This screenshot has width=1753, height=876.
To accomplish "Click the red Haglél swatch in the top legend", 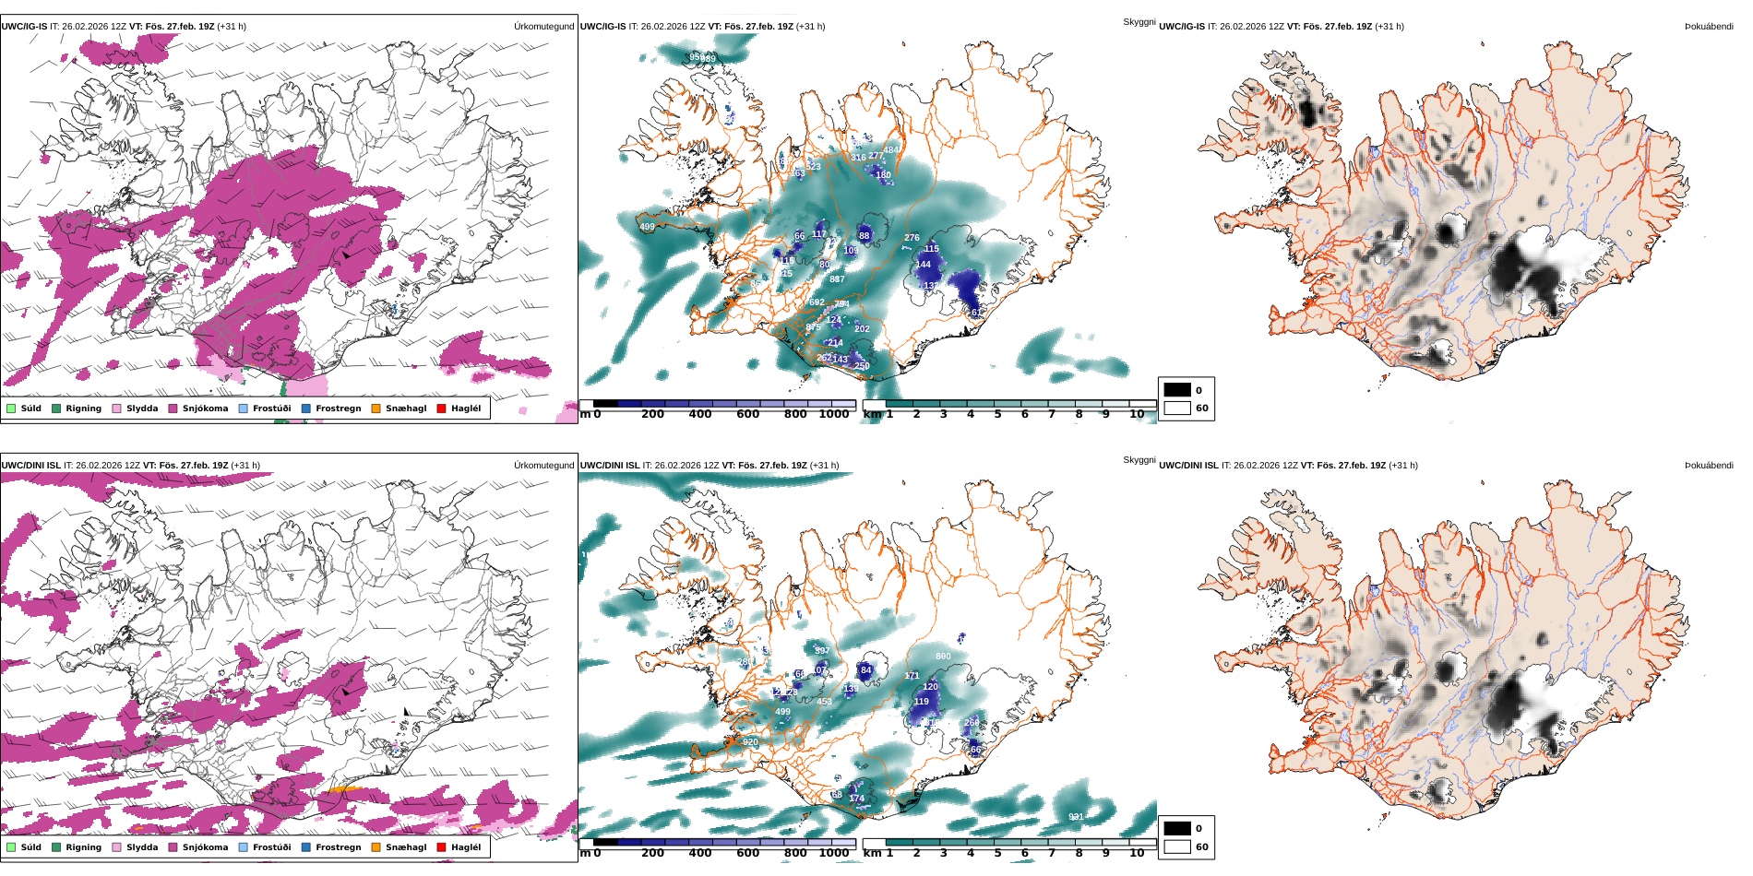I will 441,408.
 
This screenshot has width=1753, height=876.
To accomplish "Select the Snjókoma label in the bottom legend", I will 205,847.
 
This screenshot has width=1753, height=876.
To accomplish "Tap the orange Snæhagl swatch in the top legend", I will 376,408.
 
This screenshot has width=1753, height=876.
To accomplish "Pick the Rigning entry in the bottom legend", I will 83,847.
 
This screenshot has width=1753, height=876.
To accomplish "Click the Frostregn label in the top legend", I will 338,408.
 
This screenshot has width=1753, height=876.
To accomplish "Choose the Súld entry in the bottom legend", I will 30,847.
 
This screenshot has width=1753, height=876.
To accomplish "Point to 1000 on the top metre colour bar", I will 833,414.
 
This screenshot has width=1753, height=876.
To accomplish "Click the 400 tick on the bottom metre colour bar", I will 700,853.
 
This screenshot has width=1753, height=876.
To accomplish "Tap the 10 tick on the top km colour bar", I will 1137,414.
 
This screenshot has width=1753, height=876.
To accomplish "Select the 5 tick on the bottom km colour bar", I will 997,853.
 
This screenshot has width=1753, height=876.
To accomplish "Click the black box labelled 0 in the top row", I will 1177,390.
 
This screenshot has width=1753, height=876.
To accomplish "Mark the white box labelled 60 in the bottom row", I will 1177,846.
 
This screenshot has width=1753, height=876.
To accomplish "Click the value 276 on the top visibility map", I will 912,238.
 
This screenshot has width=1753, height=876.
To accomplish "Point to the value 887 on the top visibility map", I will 837,279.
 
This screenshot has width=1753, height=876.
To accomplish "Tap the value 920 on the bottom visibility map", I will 750,742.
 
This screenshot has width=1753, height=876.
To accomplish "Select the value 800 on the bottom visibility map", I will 943,657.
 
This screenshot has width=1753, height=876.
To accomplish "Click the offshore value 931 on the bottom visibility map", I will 1076,817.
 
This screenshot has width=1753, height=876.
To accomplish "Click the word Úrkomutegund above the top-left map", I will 543,27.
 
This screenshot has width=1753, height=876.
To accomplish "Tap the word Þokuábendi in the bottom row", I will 1709,466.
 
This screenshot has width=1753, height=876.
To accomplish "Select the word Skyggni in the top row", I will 1139,22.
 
